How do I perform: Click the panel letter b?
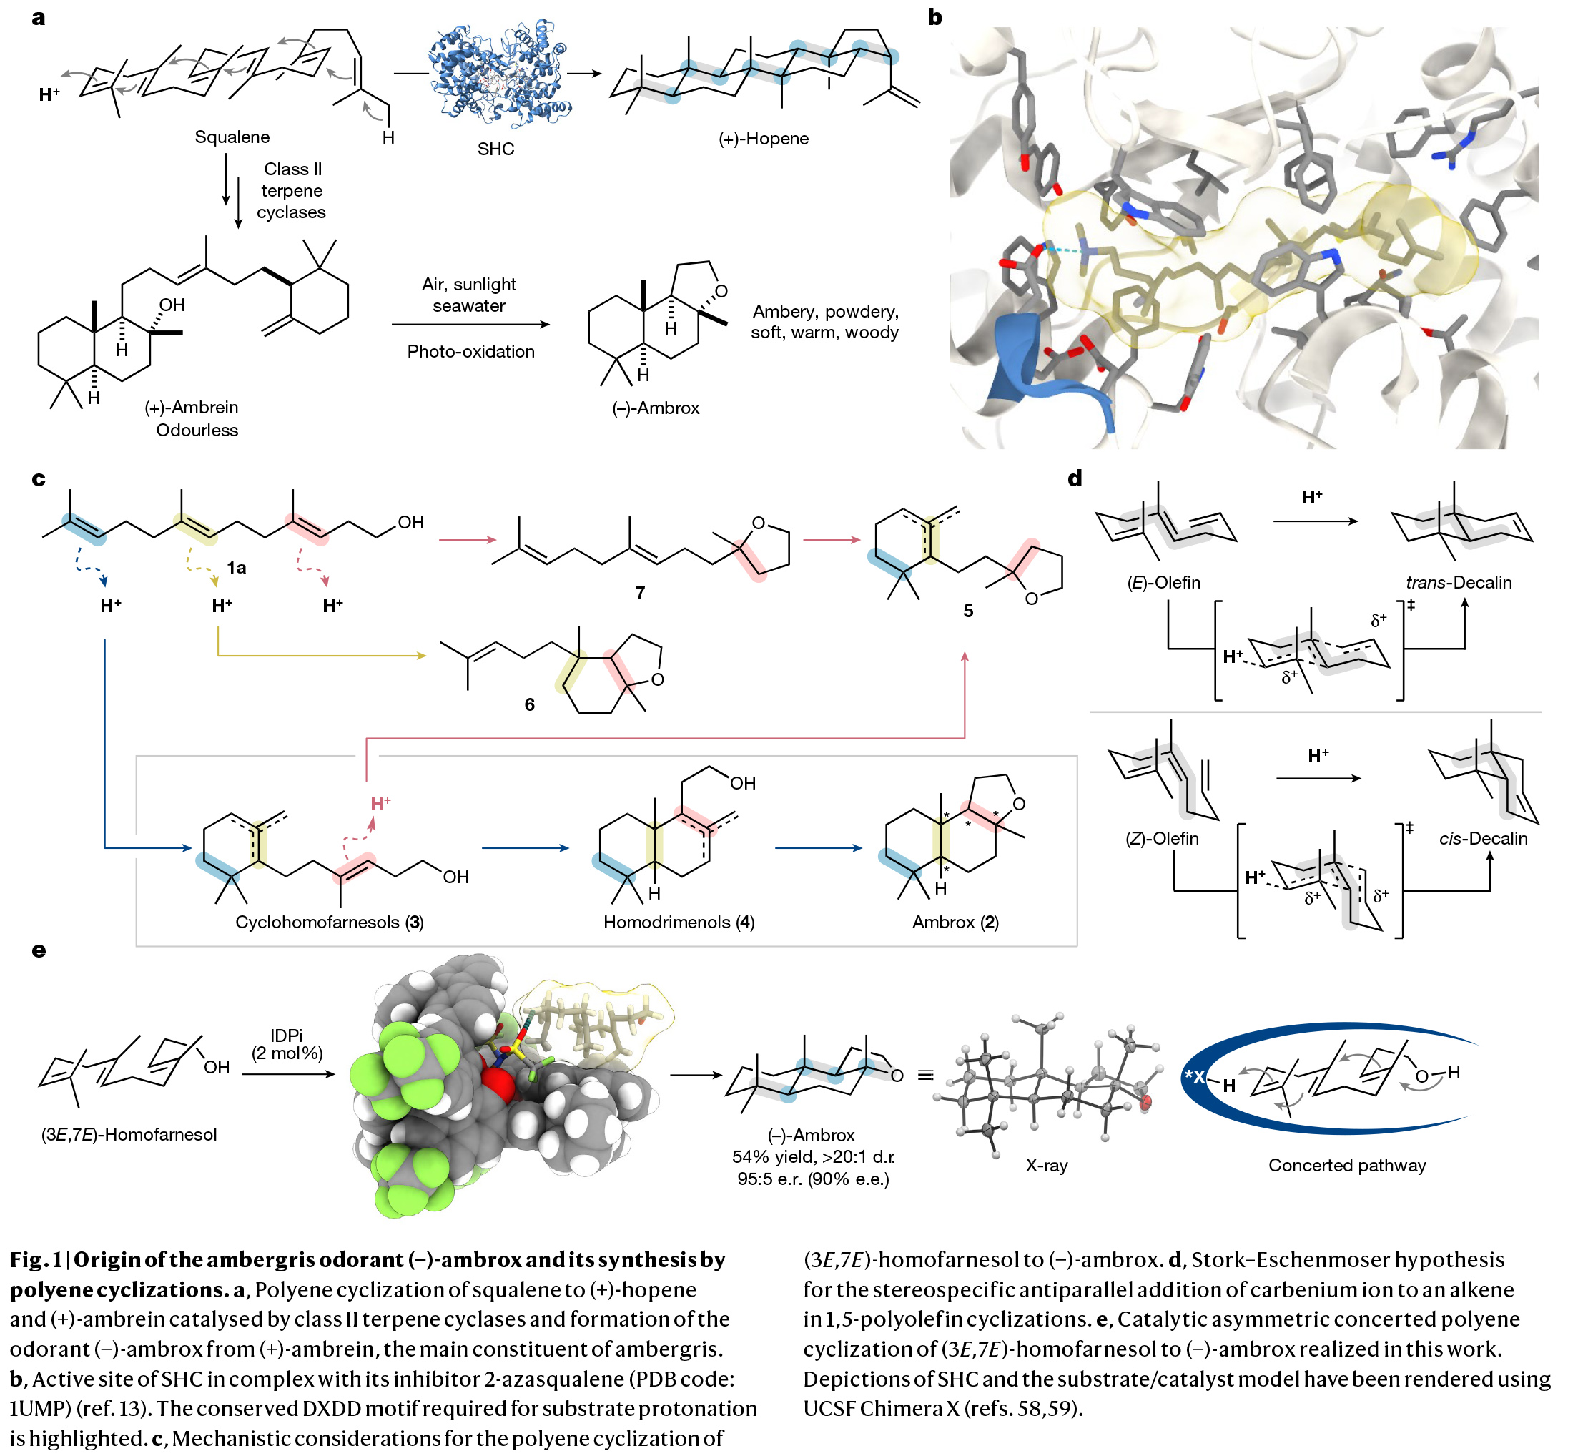tap(934, 17)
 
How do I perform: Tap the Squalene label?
tap(232, 137)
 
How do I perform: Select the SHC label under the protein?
tap(495, 149)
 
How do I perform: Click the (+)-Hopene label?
tap(764, 139)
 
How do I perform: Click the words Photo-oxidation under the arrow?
tap(470, 351)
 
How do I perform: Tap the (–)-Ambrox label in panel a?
tap(656, 408)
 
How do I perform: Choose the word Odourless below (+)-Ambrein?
tap(197, 431)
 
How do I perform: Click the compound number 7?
tap(641, 593)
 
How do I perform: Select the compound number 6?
tap(529, 704)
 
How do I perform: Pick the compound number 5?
tap(968, 611)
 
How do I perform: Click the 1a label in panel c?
tap(237, 567)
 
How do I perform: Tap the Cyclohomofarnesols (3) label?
tap(330, 922)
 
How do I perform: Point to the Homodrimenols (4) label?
tap(679, 922)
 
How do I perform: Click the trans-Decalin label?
tap(1459, 582)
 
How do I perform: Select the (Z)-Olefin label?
tap(1162, 838)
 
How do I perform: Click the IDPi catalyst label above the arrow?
tap(286, 1036)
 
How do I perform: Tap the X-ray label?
tap(1046, 1165)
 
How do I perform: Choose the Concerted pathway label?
tap(1347, 1165)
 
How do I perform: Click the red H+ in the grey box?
tap(380, 804)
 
